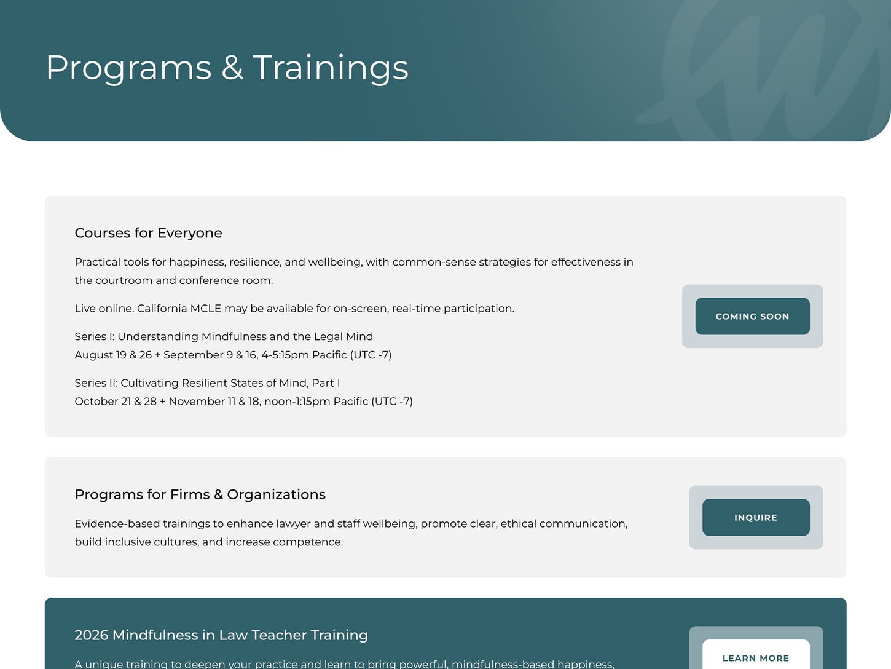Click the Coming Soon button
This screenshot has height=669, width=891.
click(x=752, y=316)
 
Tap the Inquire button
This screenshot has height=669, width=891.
click(x=756, y=517)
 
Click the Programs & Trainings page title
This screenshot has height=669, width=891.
click(x=227, y=68)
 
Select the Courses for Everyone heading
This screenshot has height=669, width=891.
click(x=148, y=233)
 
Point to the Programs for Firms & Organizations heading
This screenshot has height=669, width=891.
click(x=200, y=494)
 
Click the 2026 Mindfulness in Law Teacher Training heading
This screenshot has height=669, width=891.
click(x=221, y=635)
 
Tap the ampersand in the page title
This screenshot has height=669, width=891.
click(x=232, y=67)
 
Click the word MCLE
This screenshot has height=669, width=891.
click(x=205, y=309)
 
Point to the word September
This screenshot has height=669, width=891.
click(x=193, y=355)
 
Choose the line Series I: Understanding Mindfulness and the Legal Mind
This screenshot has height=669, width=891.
click(x=224, y=337)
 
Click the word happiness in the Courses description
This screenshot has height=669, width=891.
click(x=197, y=263)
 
